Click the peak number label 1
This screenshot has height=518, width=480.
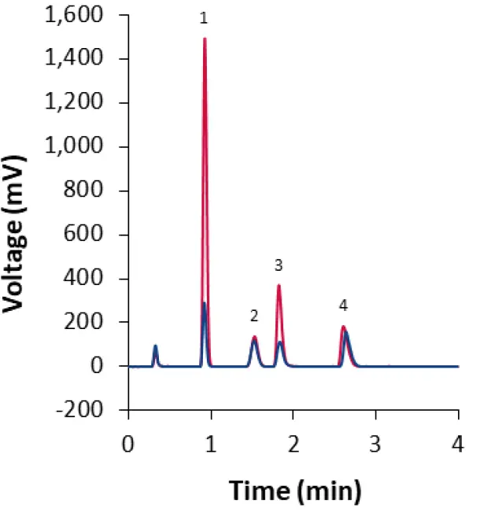click(204, 18)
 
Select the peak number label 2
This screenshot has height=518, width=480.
click(254, 316)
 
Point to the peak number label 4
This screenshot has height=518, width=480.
click(343, 305)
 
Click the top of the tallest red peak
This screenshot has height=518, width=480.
click(205, 39)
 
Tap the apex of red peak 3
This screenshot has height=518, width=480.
click(279, 286)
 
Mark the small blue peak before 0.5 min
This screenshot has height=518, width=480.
click(155, 346)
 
